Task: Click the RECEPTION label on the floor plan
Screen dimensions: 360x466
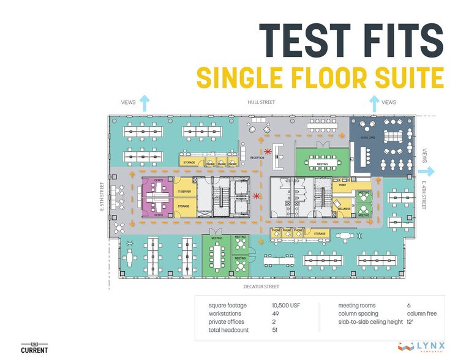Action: click(257, 157)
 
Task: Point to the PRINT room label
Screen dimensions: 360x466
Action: click(342, 183)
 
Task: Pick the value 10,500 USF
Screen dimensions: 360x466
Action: click(286, 304)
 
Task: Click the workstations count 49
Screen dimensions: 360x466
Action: click(276, 313)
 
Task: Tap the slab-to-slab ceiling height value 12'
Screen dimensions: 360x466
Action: click(410, 321)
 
